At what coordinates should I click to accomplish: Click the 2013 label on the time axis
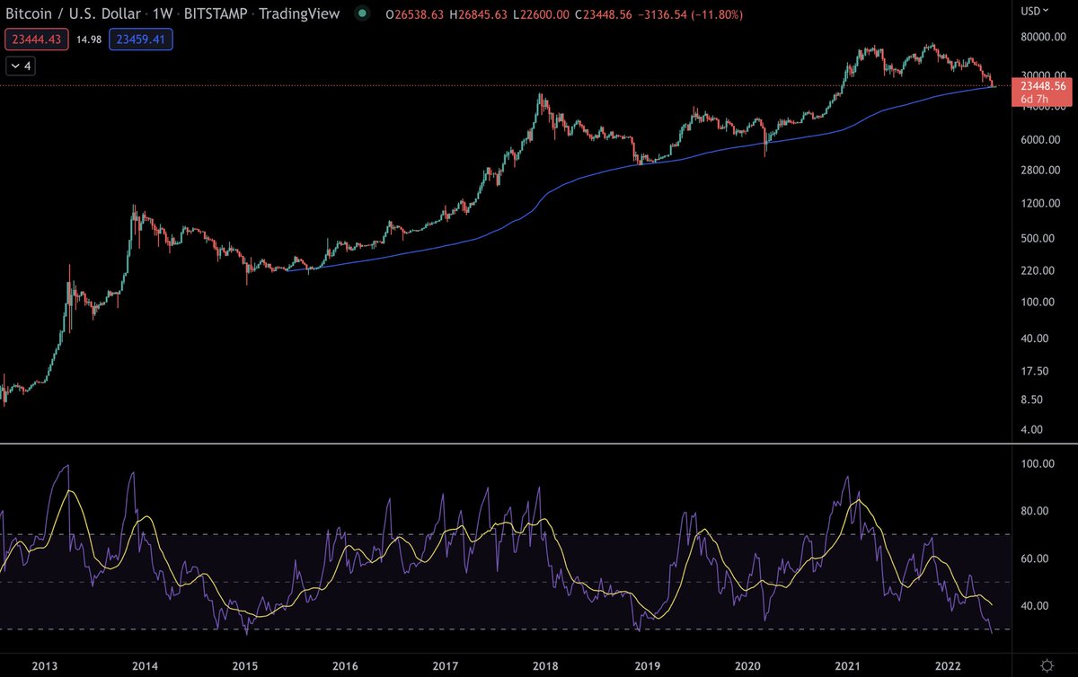[x=45, y=665]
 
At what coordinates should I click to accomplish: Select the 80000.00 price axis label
[x=1032, y=37]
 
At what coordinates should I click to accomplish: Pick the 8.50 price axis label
[x=1023, y=400]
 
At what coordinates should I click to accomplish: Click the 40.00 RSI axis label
[x=1027, y=605]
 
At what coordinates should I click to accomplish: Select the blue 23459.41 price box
[x=141, y=40]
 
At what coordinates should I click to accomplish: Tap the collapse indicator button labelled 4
[x=22, y=66]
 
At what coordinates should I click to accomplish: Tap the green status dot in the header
[x=360, y=14]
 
